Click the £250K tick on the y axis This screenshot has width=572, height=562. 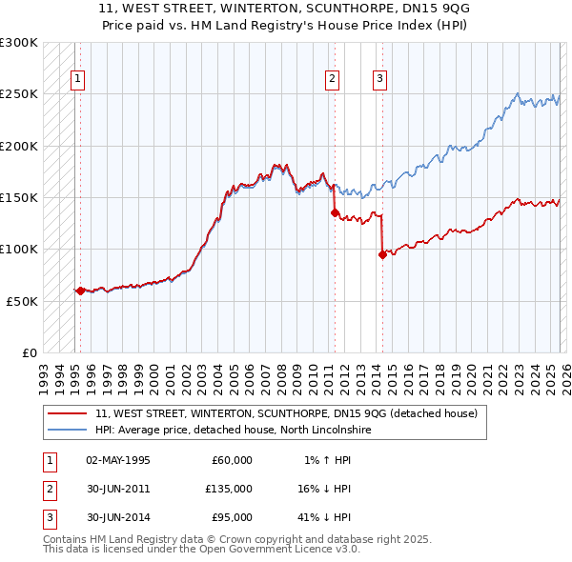coord(19,94)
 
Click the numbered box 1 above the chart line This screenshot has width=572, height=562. coord(77,80)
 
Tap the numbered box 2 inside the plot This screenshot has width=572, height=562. coord(333,80)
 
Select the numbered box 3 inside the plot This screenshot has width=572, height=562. coord(379,80)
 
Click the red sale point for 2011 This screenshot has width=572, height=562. coord(335,213)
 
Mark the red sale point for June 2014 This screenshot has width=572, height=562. coord(382,254)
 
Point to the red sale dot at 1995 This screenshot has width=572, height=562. coord(80,291)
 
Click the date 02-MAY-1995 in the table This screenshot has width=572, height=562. coord(118,460)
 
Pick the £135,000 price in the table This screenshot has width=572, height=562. coord(228,489)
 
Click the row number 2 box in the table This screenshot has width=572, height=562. coord(47,489)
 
